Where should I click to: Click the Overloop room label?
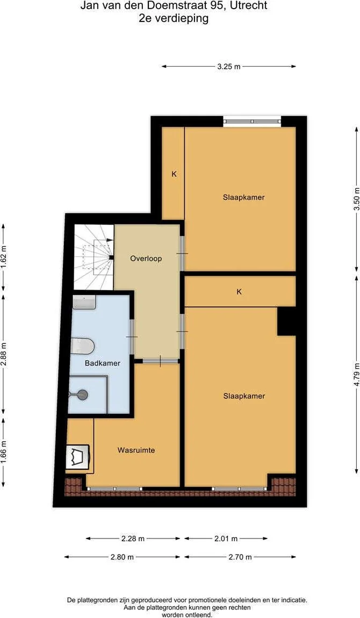point(146,259)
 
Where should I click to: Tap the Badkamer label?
point(103,363)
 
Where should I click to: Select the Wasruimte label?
point(136,450)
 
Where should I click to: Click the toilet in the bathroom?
point(83,346)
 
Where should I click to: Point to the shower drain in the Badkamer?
point(83,394)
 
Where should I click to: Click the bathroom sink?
point(84,303)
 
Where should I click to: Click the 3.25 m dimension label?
point(228,67)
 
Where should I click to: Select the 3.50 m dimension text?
point(357,203)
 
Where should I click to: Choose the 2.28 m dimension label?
point(133,538)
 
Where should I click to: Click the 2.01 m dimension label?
point(226,538)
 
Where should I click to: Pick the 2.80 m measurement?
point(122,557)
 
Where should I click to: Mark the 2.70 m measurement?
point(240,557)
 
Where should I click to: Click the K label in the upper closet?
point(174,174)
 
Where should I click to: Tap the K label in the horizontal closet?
point(239,292)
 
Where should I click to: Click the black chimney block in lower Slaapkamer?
point(286,321)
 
